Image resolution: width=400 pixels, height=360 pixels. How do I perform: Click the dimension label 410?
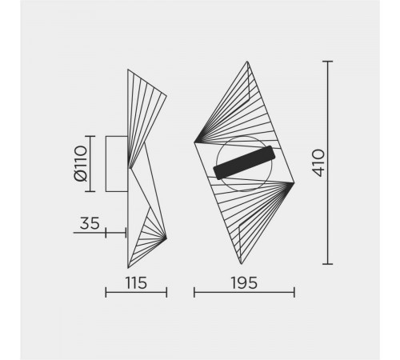(318, 162)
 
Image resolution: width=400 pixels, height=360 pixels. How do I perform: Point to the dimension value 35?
(90, 224)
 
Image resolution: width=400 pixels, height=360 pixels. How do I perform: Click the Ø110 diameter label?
(80, 164)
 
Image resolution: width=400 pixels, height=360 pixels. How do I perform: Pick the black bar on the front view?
(245, 162)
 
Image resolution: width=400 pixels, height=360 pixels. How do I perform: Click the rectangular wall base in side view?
(117, 164)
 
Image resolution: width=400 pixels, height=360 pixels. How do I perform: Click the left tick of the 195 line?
(194, 293)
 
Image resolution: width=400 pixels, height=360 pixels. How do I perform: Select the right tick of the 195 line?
(294, 293)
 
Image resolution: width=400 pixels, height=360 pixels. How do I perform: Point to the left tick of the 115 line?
(106, 293)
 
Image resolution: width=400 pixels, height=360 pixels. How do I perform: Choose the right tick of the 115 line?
(166, 293)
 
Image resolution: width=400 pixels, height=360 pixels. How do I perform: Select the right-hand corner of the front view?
(294, 185)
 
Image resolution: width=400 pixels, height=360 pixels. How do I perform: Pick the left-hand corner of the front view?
(194, 142)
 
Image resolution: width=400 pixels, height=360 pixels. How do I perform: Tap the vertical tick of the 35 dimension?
(126, 233)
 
